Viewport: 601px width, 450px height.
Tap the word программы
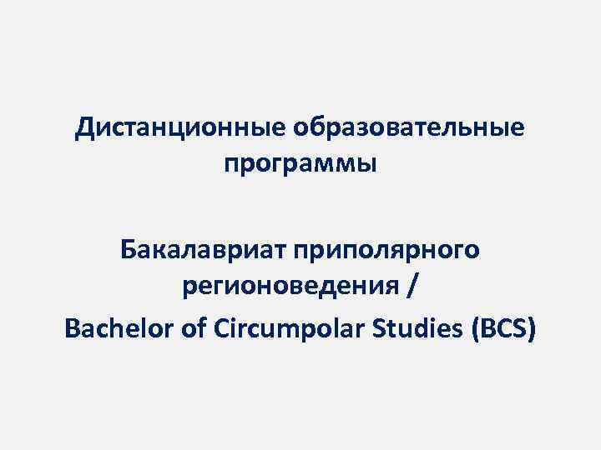(x=300, y=163)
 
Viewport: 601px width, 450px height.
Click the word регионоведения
(x=290, y=289)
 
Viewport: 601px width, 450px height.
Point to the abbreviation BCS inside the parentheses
(x=503, y=330)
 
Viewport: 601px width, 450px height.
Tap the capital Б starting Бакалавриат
(x=128, y=248)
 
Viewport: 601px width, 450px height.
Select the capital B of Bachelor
(x=71, y=330)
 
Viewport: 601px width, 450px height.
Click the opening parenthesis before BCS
(x=477, y=330)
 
